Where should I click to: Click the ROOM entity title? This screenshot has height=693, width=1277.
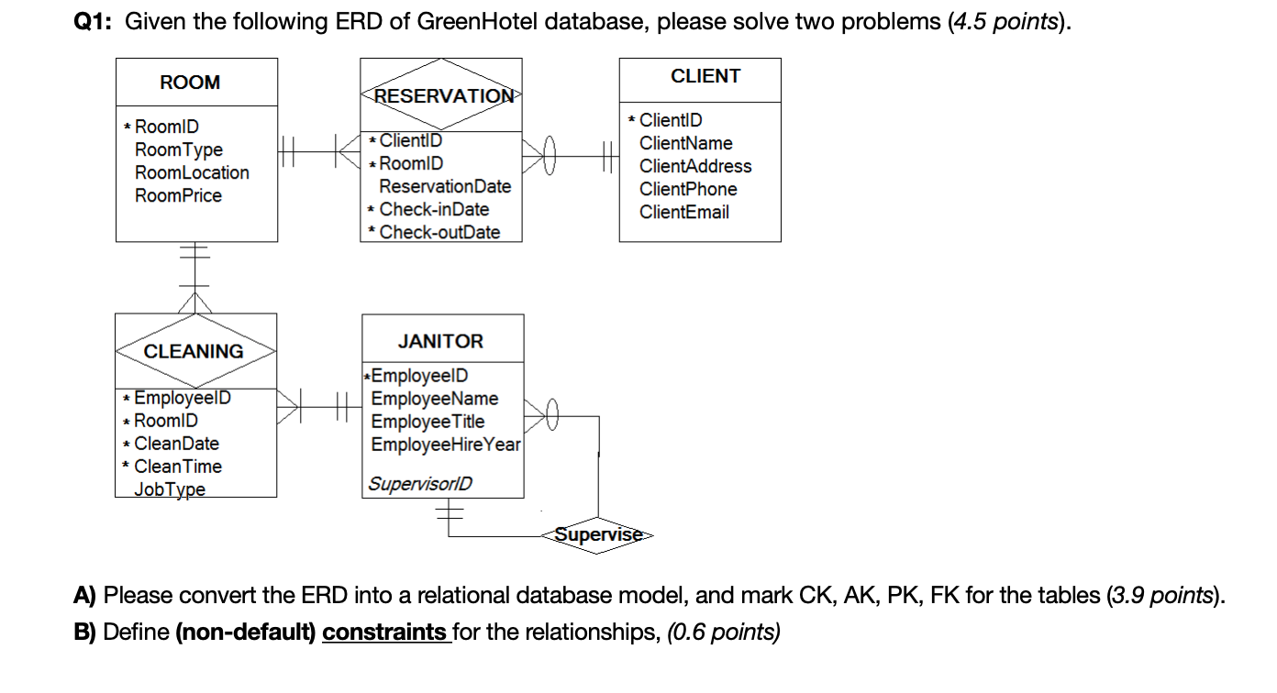[190, 82]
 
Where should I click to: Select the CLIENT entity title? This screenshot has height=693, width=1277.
[705, 76]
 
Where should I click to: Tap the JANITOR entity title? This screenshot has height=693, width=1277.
[440, 341]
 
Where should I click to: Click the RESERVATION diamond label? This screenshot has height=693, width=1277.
[442, 96]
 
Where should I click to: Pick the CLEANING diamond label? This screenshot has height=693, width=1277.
[194, 351]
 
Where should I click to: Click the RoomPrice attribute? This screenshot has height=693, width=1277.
[178, 195]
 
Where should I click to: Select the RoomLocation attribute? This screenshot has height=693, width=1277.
[192, 172]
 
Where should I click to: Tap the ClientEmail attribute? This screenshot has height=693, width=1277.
[684, 212]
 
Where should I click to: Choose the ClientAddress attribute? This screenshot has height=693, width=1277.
[695, 166]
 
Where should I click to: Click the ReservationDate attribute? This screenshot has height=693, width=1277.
[445, 186]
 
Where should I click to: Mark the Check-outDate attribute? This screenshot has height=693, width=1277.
[439, 232]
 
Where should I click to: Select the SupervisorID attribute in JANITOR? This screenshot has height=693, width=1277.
[419, 483]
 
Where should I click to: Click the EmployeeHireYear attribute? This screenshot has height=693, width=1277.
[446, 445]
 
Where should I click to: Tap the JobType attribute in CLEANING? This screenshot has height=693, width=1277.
[170, 489]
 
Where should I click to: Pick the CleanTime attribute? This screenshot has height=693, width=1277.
[178, 467]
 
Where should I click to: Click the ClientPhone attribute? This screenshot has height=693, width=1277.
[688, 189]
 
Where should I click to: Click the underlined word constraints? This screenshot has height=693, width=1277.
[384, 632]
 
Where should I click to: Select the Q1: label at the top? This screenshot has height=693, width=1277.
[94, 22]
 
